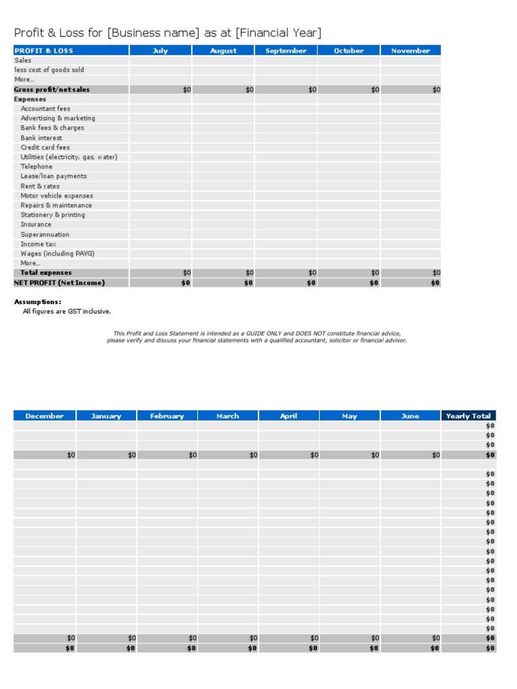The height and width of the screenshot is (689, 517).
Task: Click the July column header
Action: click(160, 50)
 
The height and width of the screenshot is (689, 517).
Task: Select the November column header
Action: click(411, 50)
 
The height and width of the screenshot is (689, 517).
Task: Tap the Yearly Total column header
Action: click(469, 416)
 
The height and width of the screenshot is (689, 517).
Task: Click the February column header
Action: click(167, 416)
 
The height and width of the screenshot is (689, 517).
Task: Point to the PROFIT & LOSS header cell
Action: click(44, 50)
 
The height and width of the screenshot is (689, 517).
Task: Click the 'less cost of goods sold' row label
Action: click(49, 70)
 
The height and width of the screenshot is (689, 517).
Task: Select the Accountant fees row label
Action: click(45, 108)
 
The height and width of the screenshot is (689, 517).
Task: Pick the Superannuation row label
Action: click(44, 234)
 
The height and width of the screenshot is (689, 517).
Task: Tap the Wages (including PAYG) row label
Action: click(57, 254)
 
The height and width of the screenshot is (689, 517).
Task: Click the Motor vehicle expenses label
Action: click(57, 196)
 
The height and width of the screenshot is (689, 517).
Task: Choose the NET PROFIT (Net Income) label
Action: click(59, 283)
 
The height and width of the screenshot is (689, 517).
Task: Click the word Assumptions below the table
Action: click(38, 301)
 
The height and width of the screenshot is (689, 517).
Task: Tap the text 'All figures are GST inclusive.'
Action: click(67, 312)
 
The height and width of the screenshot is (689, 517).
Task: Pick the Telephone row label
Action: click(36, 166)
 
